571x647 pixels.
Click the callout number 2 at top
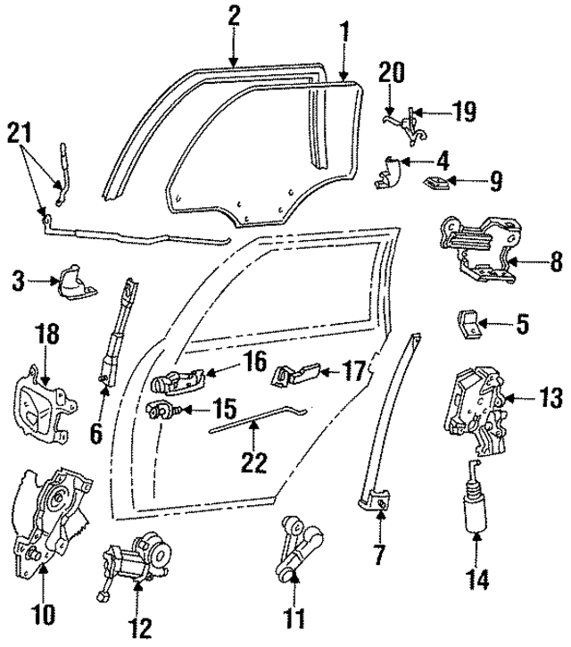click(234, 15)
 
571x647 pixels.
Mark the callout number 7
click(379, 555)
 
